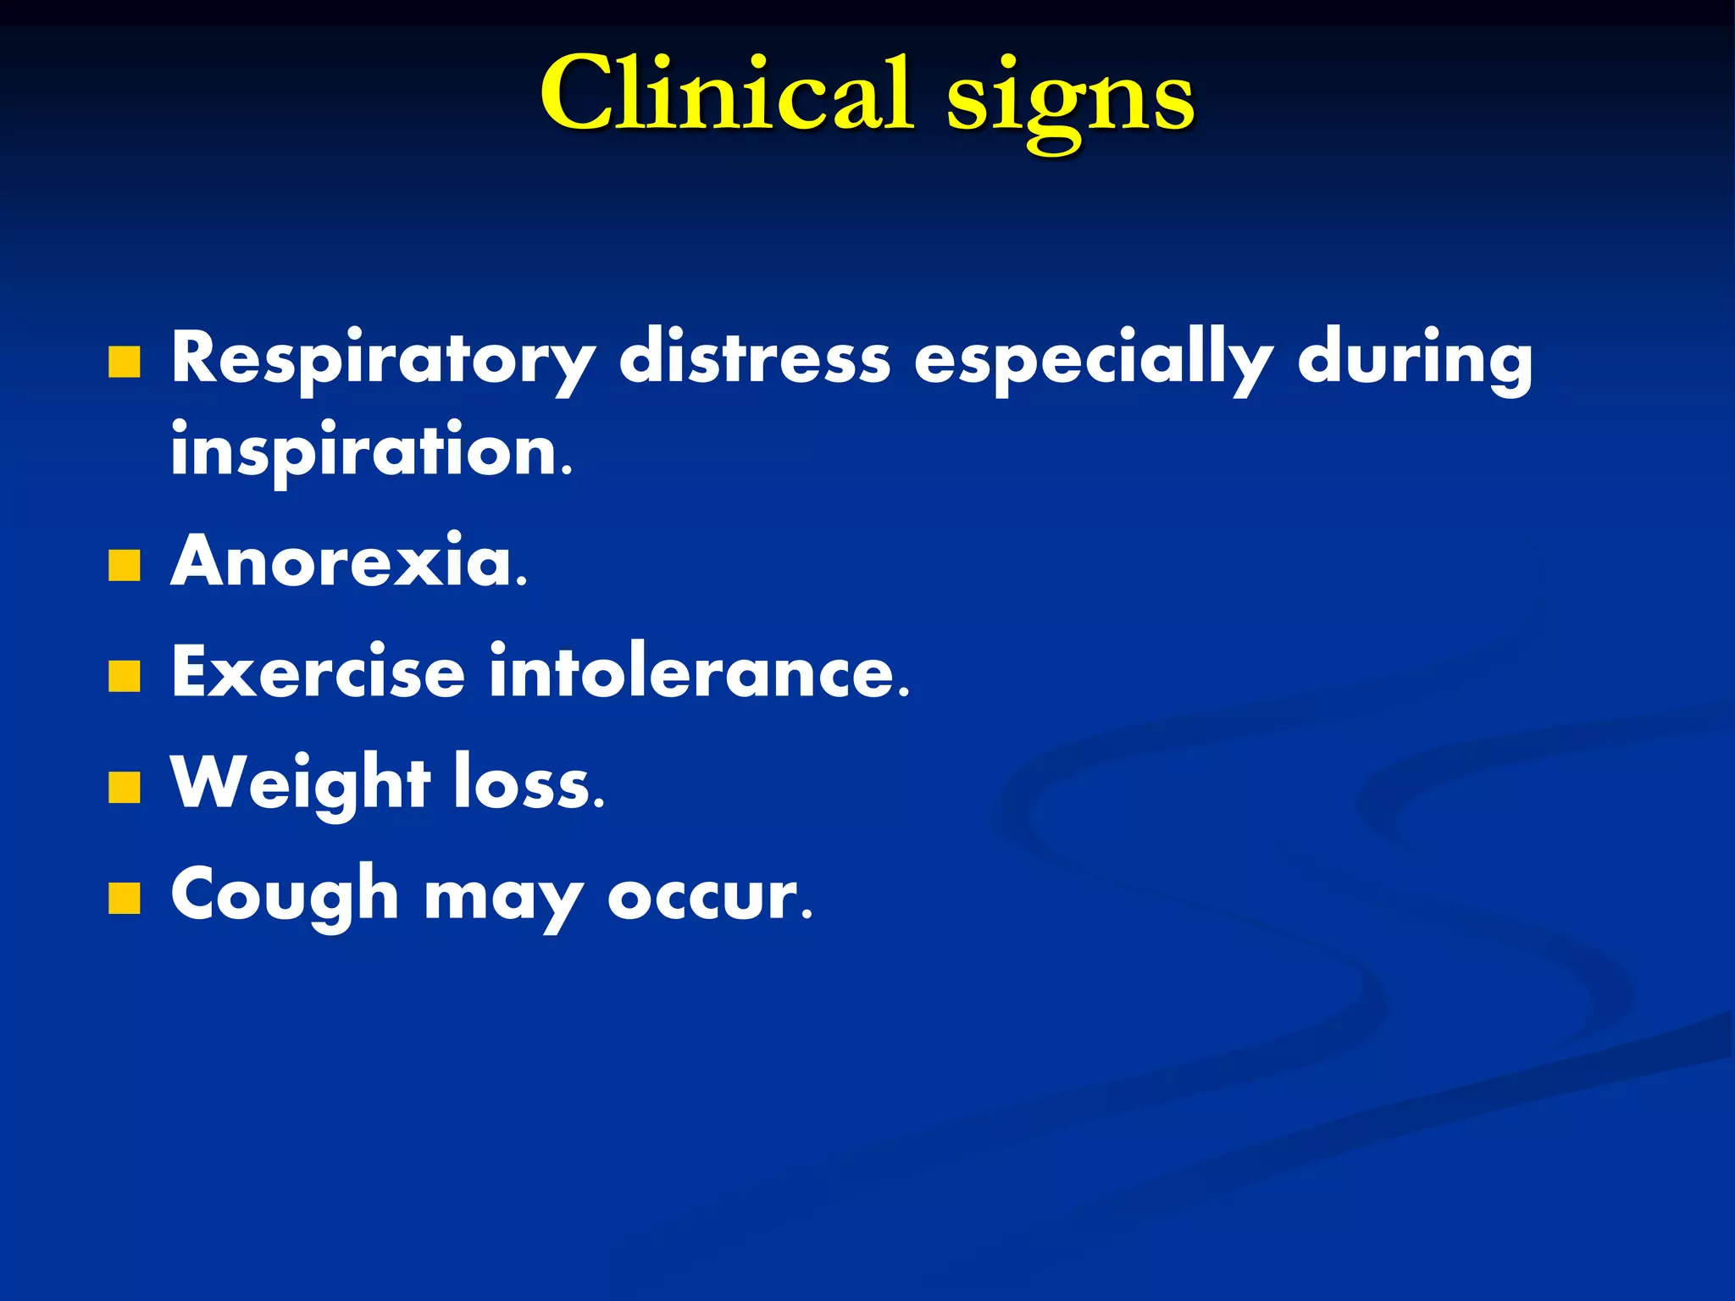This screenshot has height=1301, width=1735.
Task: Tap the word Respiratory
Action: pyautogui.click(x=383, y=359)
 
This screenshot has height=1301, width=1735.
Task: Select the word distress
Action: pyautogui.click(x=754, y=357)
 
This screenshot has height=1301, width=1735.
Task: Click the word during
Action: pyautogui.click(x=1415, y=359)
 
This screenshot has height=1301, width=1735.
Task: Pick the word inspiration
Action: pyautogui.click(x=371, y=451)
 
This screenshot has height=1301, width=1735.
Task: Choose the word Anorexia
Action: pyautogui.click(x=349, y=561)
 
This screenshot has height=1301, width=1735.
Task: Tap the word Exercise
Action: pyautogui.click(x=319, y=672)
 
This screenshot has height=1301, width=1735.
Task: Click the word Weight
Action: pyautogui.click(x=301, y=783)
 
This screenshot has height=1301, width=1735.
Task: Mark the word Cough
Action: pyautogui.click(x=285, y=895)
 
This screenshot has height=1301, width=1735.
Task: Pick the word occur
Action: pyautogui.click(x=710, y=896)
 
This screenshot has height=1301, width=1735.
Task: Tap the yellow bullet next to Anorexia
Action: pyautogui.click(x=125, y=566)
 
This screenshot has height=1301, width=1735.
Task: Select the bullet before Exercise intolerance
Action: pyautogui.click(x=125, y=677)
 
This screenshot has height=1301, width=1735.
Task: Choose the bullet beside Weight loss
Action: pyautogui.click(x=125, y=787)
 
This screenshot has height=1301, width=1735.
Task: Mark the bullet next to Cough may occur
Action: pyautogui.click(x=125, y=899)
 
